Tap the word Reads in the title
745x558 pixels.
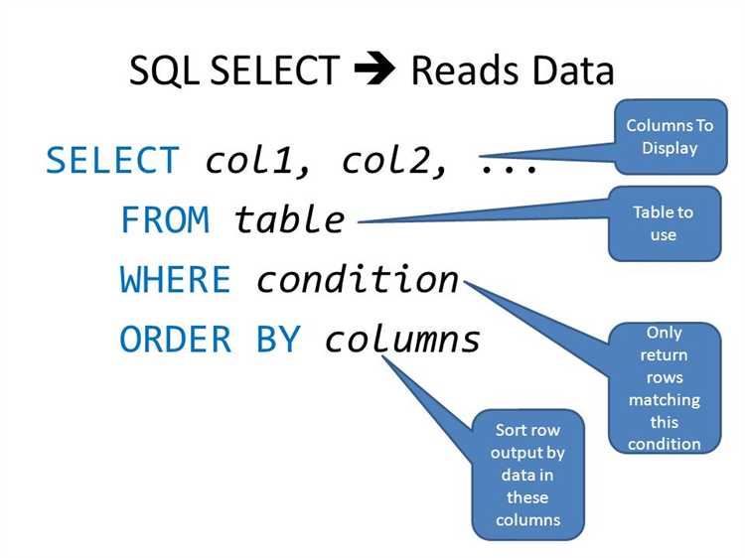pos(466,71)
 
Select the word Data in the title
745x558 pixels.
pos(569,71)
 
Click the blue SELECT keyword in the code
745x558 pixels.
pos(113,160)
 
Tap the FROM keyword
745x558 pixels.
pos(165,219)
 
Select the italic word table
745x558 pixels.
pos(289,219)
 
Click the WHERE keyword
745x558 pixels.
pos(176,280)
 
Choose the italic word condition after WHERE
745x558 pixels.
pos(358,280)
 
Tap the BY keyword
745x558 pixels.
pos(278,341)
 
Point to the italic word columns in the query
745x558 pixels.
pos(402,341)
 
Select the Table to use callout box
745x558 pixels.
pos(664,223)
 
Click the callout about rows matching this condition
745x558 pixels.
pos(664,387)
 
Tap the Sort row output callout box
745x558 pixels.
pos(527,475)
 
